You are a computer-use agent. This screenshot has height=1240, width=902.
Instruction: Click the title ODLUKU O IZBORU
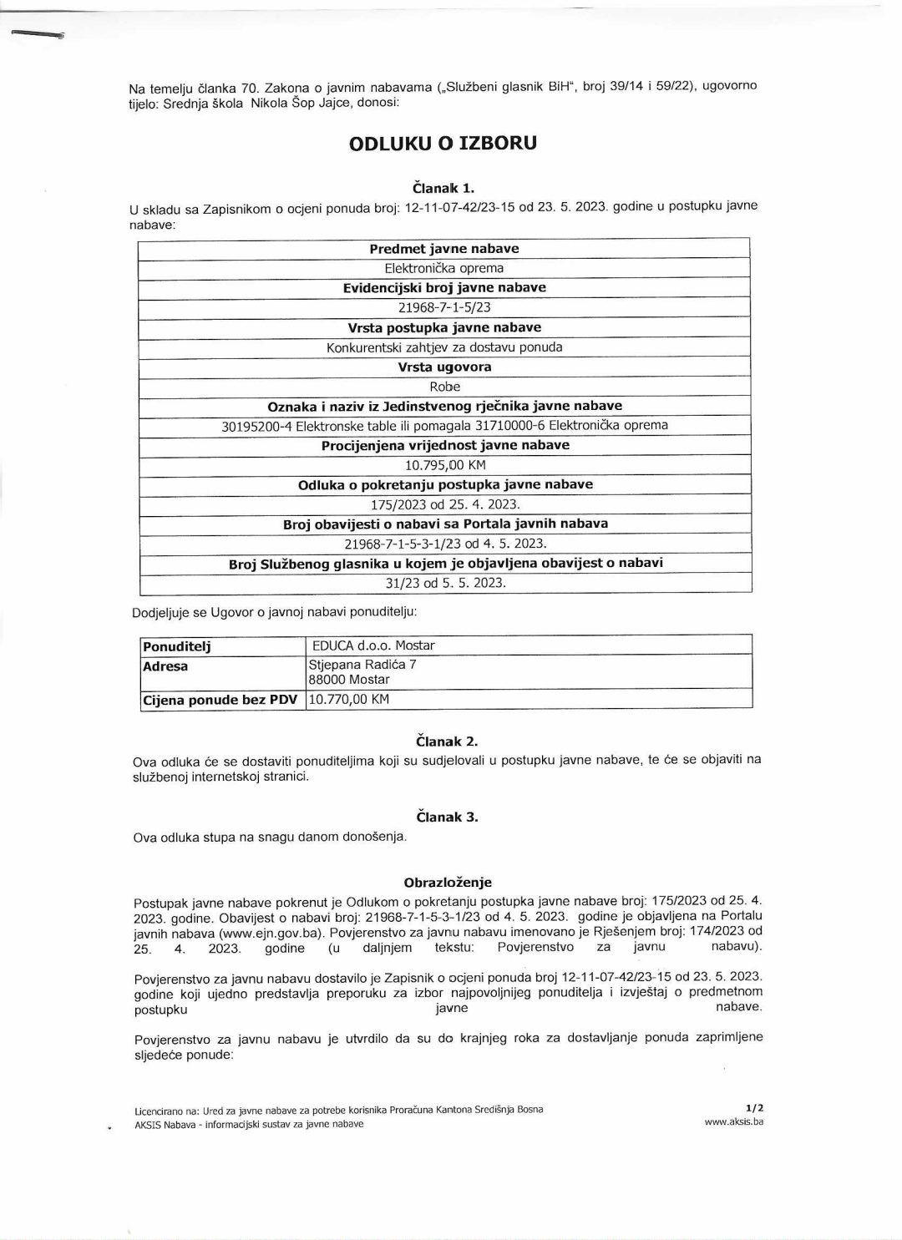coord(443,143)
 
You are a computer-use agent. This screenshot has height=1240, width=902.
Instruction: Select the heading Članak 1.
coord(443,188)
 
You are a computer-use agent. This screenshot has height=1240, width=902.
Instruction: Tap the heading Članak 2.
coord(447,741)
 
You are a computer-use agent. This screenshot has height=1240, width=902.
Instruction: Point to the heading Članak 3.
coord(447,817)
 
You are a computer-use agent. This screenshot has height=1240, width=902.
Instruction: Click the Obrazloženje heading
coord(448,882)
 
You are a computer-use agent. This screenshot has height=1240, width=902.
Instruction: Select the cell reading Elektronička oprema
coord(443,268)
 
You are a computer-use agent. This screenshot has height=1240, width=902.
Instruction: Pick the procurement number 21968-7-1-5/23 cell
coord(443,307)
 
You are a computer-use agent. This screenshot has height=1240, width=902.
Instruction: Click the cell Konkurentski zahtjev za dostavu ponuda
coord(443,347)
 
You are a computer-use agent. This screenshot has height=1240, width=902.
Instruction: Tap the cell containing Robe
coord(444,386)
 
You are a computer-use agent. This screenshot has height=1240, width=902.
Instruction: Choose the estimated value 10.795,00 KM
coord(444,465)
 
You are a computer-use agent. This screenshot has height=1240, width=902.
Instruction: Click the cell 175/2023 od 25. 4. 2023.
coord(444,504)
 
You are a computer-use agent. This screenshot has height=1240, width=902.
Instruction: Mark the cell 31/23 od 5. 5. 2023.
coord(445,583)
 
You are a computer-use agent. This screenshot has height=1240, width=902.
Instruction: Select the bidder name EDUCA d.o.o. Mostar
coord(373,645)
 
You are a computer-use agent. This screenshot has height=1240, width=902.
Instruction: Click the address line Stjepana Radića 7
coord(362,665)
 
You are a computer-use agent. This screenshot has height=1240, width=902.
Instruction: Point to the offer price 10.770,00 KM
coord(349,700)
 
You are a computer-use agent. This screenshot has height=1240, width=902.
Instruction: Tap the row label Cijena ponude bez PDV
coord(220,700)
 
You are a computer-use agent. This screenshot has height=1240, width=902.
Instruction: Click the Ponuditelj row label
coord(177,646)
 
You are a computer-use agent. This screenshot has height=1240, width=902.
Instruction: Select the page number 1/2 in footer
coord(754,1108)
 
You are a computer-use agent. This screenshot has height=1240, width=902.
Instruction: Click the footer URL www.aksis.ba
coord(733,1121)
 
